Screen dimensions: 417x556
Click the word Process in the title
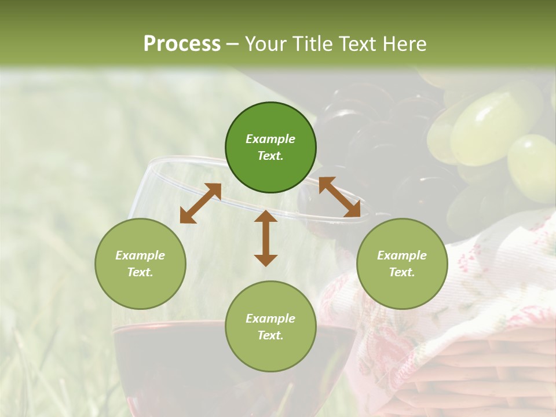(x=182, y=44)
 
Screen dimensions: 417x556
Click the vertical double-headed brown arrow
(x=266, y=238)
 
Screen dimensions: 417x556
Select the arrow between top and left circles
(x=200, y=203)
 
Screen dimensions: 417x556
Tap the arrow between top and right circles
(x=339, y=197)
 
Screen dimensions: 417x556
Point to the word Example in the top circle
(x=270, y=139)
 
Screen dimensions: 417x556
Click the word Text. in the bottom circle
(x=270, y=335)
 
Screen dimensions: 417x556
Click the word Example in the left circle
(x=140, y=255)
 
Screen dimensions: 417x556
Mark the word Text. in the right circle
(x=402, y=272)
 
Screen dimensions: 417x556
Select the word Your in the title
(x=265, y=44)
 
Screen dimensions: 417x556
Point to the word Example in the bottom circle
(x=270, y=319)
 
